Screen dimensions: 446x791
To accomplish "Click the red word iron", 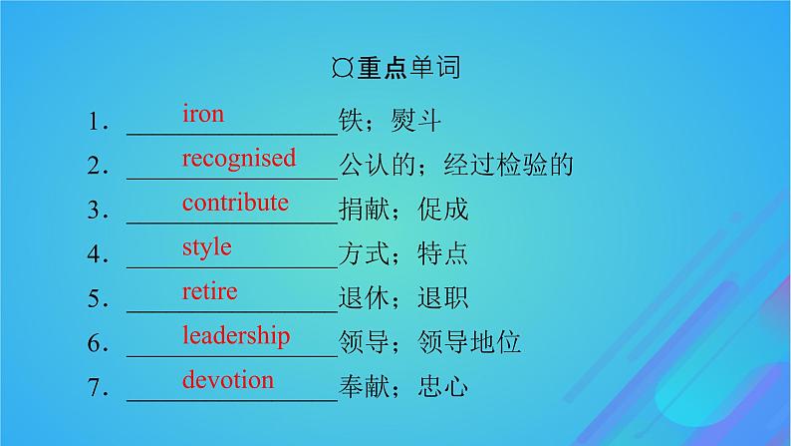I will click(202, 114).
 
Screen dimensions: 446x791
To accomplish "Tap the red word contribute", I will click(235, 203).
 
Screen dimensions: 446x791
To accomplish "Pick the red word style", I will click(206, 246).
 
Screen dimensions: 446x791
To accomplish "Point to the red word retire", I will click(209, 291).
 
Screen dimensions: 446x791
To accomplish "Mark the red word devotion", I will click(227, 379).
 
